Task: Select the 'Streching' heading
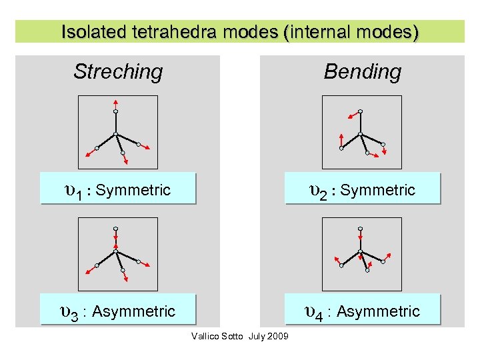(x=118, y=71)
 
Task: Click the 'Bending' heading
(x=363, y=71)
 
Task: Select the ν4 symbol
(x=315, y=312)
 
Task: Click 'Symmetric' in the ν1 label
(x=133, y=191)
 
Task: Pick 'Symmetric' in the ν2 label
(x=377, y=191)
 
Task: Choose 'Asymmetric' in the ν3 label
(x=133, y=311)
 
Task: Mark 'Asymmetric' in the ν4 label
(x=378, y=311)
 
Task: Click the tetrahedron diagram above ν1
(x=118, y=132)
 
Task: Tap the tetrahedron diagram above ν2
(x=362, y=132)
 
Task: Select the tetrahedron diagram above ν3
(x=118, y=253)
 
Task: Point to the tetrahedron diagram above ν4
(x=362, y=253)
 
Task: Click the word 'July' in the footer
(x=257, y=336)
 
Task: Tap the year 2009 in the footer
(x=278, y=336)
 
